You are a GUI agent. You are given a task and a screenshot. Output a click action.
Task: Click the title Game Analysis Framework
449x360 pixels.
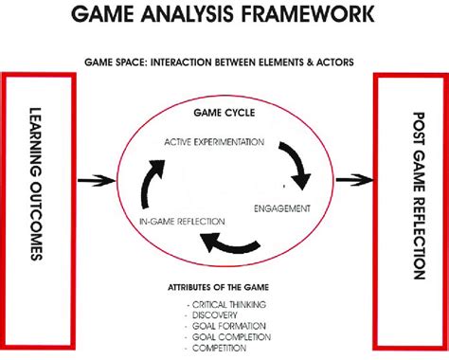point(224,16)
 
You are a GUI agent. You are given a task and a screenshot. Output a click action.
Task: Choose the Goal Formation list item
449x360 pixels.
point(225,326)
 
